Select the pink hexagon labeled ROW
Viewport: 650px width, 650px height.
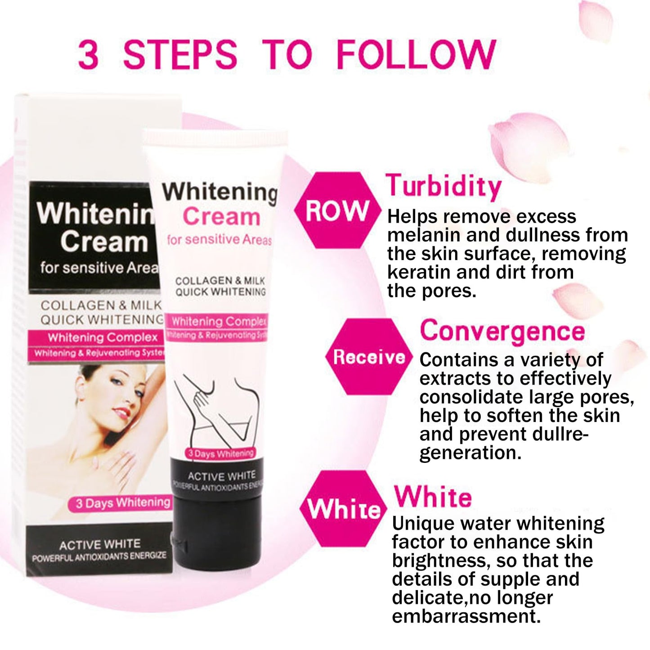click(336, 210)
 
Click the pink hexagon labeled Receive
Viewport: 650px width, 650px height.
click(369, 357)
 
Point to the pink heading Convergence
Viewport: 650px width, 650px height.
click(502, 332)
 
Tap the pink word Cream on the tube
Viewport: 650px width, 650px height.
click(221, 217)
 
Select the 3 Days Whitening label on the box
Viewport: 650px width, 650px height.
click(119, 503)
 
